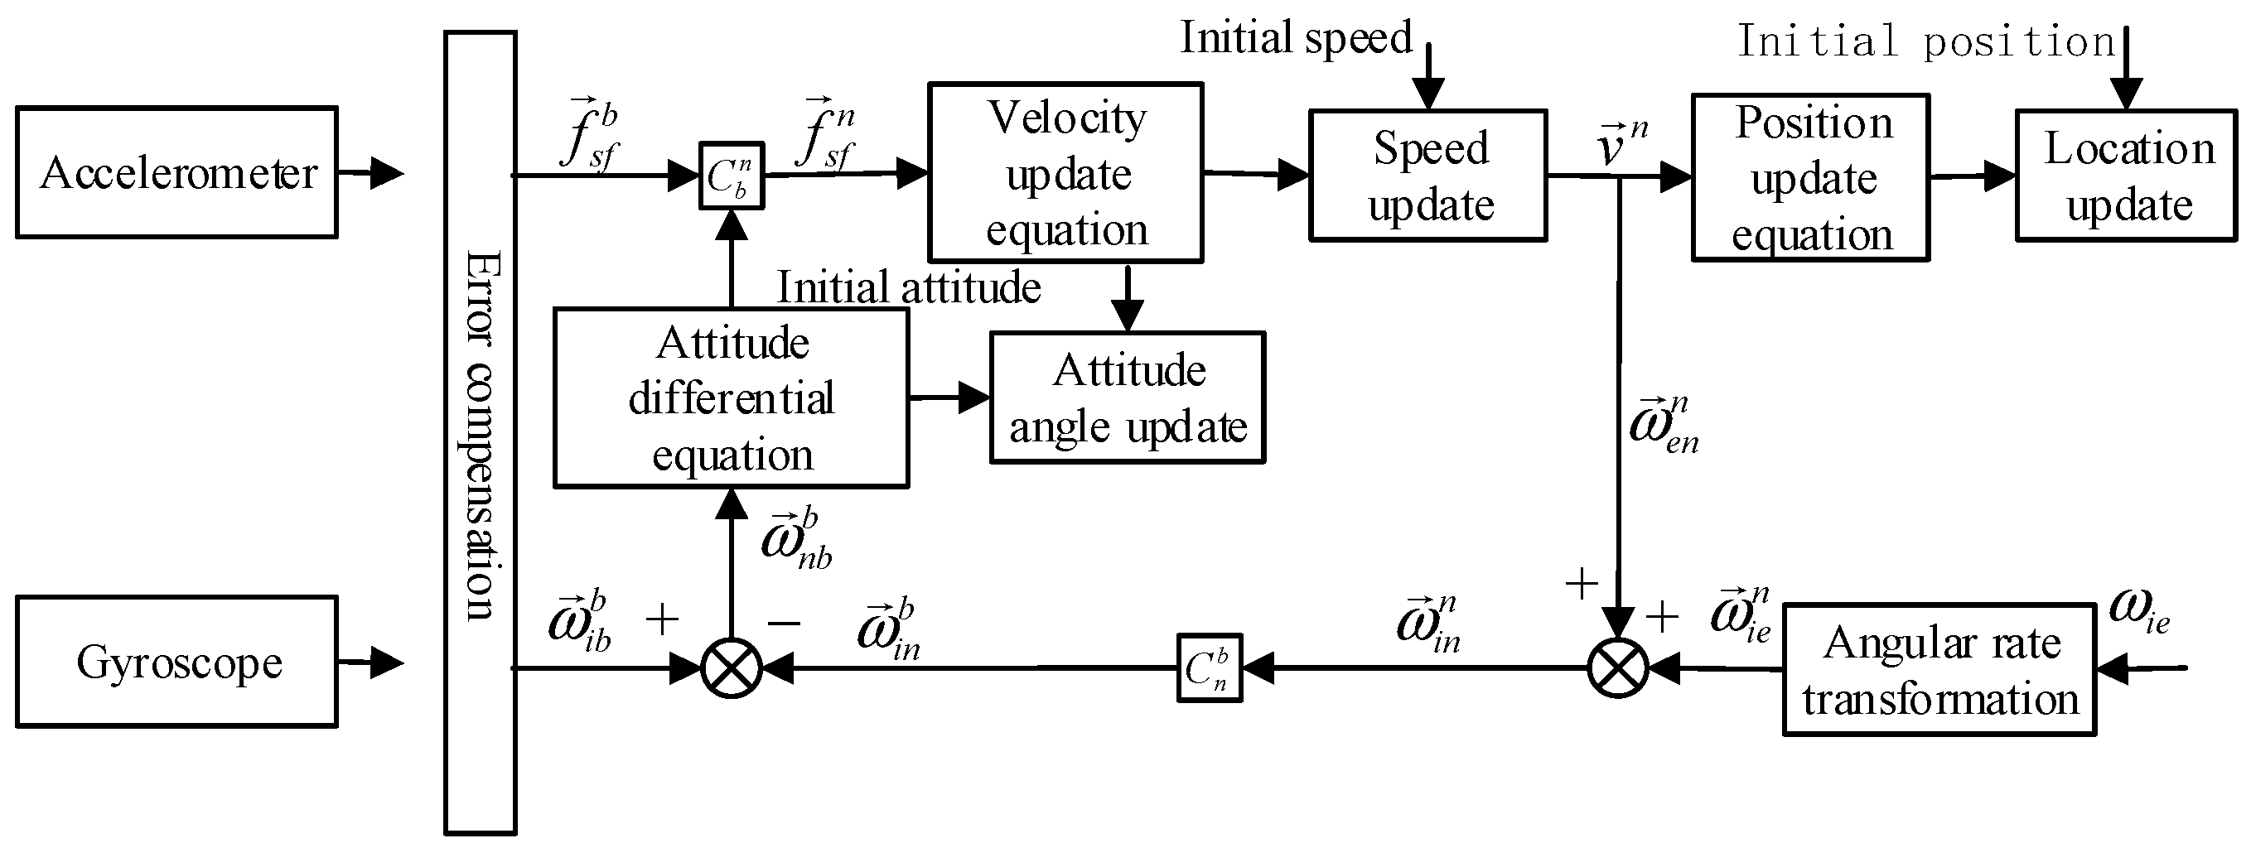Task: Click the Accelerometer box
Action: (x=176, y=173)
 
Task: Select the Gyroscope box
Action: (x=176, y=662)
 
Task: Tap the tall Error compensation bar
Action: (x=480, y=432)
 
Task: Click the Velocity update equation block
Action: (x=1065, y=173)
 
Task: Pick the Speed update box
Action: (x=1427, y=176)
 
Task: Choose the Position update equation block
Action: (x=1810, y=178)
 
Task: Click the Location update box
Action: (x=2126, y=176)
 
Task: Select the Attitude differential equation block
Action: (x=732, y=398)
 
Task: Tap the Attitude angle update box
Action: (x=1128, y=398)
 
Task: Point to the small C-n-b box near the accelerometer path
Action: (x=732, y=176)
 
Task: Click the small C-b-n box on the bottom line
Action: (x=1209, y=669)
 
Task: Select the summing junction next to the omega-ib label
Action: (x=732, y=669)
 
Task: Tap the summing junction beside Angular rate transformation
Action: (x=1617, y=669)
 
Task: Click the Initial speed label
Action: (x=1296, y=37)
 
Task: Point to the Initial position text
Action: (x=1925, y=41)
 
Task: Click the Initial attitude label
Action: (x=909, y=287)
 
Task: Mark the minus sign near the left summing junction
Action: (x=784, y=623)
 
